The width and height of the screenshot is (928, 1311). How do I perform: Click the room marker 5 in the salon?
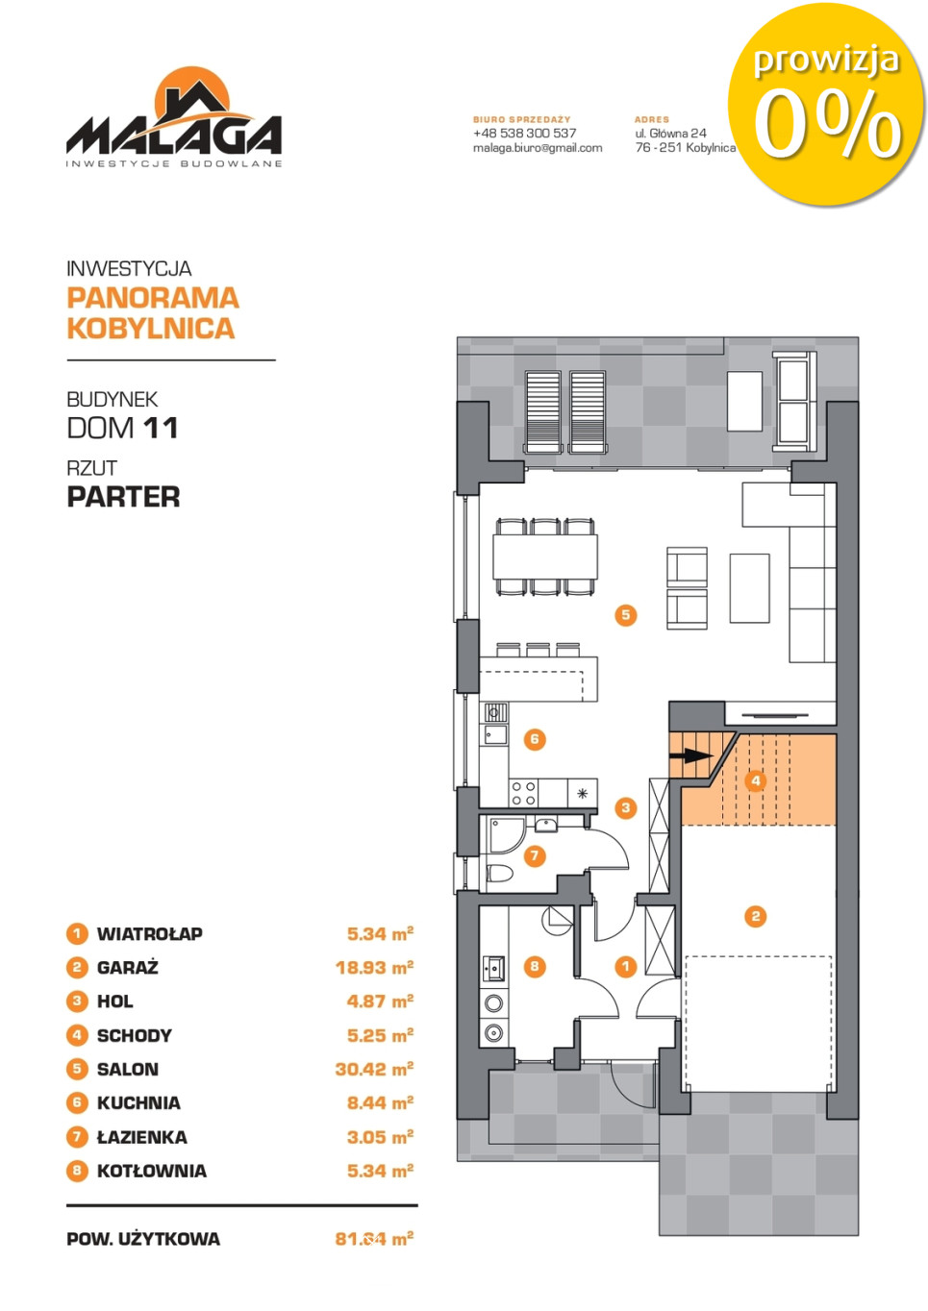(x=625, y=614)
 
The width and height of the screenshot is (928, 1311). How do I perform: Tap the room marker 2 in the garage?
(x=755, y=916)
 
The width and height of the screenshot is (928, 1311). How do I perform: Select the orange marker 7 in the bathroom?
(x=534, y=855)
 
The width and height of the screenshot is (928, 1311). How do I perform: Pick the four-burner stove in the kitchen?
(x=523, y=794)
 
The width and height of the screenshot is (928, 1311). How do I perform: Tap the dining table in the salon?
(x=545, y=557)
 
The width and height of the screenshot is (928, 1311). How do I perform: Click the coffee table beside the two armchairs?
(x=749, y=588)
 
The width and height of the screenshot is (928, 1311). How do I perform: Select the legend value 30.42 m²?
(x=374, y=1069)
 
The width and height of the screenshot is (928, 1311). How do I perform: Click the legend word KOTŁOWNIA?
(x=152, y=1171)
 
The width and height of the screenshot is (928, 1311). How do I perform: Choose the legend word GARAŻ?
(x=128, y=968)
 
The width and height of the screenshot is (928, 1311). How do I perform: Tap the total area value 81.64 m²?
(x=374, y=1238)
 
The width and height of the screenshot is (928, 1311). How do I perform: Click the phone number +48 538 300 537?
(x=525, y=134)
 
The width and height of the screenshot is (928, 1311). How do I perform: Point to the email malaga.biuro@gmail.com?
(x=538, y=148)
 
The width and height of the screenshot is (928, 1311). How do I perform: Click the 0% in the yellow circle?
(x=827, y=125)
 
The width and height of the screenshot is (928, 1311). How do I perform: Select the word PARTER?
(x=123, y=497)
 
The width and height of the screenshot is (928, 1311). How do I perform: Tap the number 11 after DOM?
(x=161, y=428)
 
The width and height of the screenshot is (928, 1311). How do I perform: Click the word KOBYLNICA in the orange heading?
(x=151, y=329)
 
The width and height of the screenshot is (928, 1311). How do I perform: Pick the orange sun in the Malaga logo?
(x=192, y=93)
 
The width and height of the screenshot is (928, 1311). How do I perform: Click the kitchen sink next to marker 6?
(x=495, y=734)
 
